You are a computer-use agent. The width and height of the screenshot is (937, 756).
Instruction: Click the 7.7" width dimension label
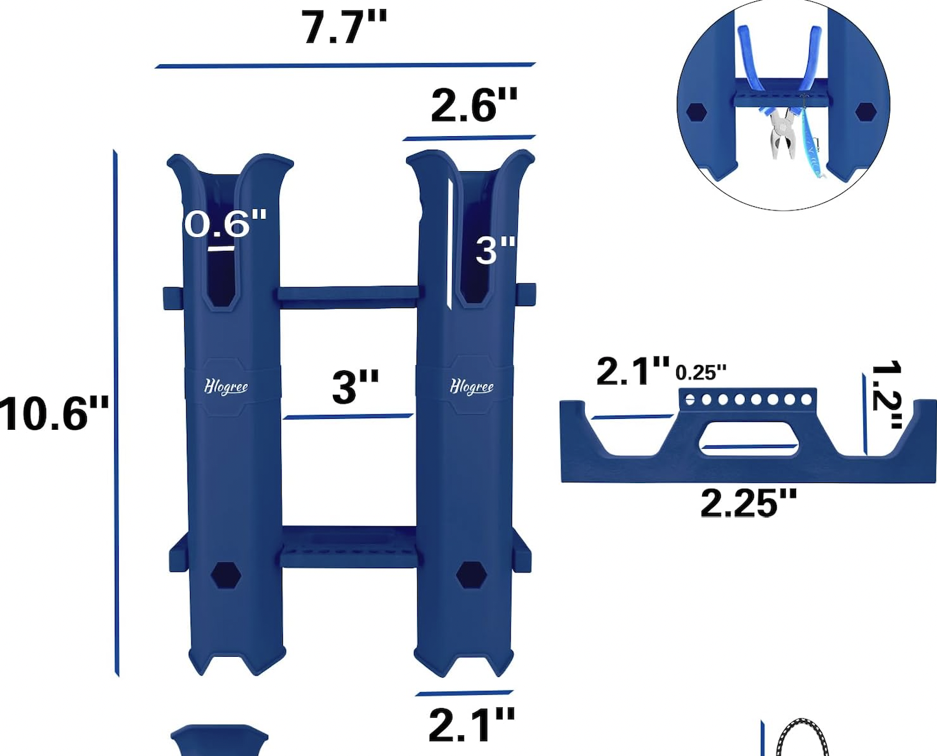(x=344, y=28)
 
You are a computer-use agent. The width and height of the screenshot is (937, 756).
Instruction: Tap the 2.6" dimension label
(x=474, y=105)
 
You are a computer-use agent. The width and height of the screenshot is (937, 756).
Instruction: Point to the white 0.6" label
(x=225, y=224)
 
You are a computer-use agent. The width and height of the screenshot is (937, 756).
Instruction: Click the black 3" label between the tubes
(x=355, y=387)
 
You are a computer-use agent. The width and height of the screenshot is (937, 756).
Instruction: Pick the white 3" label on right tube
(x=495, y=250)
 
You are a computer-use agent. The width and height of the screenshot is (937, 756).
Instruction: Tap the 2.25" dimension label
(x=748, y=503)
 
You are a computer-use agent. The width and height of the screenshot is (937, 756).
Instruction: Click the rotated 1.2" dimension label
(x=886, y=394)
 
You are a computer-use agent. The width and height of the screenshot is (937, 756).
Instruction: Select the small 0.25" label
(x=700, y=373)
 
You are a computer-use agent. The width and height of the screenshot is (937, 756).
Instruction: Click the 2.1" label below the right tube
(x=471, y=725)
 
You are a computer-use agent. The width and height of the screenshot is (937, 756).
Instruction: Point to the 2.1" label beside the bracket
(x=633, y=372)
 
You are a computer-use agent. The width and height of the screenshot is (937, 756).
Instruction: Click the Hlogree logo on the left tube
(x=226, y=387)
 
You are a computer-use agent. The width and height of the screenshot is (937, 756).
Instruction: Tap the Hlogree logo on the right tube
(x=472, y=387)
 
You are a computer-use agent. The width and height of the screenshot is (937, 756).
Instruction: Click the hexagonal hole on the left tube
(x=226, y=575)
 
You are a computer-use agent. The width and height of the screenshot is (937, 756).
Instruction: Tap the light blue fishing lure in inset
(x=811, y=143)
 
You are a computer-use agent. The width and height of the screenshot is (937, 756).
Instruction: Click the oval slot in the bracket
(x=749, y=439)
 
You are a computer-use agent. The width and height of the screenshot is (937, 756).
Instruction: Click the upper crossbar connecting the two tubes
(x=348, y=296)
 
